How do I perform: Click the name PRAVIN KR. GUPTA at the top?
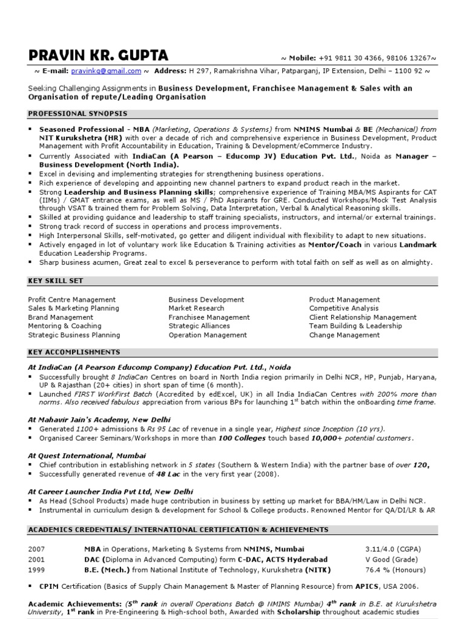click(99, 56)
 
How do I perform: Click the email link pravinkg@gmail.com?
click(106, 71)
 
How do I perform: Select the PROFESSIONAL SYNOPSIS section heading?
click(77, 114)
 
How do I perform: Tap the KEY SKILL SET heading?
click(56, 281)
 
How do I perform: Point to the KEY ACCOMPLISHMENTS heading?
click(74, 352)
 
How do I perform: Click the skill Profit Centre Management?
click(71, 300)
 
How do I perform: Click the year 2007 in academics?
click(36, 549)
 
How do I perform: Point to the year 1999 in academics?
click(36, 569)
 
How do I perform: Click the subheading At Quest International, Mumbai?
click(87, 455)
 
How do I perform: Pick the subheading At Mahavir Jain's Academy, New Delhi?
click(99, 420)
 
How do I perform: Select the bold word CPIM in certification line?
click(49, 586)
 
